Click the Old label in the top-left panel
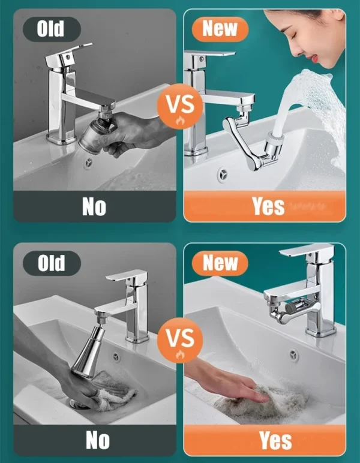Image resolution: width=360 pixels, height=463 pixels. click(50, 29)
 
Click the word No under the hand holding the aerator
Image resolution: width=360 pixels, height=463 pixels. click(94, 207)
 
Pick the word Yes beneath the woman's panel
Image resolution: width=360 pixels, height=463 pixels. click(268, 207)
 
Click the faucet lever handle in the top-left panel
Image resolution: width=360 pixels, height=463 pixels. click(70, 51)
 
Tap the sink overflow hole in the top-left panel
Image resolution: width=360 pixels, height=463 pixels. click(89, 163)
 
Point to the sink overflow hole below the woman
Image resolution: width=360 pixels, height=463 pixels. click(222, 174)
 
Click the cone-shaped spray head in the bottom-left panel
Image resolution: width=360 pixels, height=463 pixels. click(89, 354)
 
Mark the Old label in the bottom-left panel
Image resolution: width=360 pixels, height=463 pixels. click(50, 263)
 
